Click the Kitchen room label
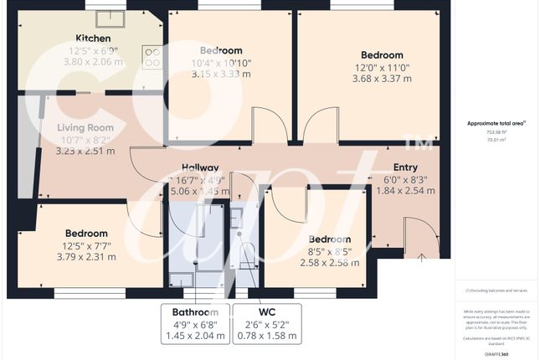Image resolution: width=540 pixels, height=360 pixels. click(94, 39)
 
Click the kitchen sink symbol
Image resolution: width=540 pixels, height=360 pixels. click(109, 19)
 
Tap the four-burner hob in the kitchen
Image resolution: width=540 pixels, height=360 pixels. click(153, 58)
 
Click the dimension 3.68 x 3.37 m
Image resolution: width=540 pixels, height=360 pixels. click(382, 80)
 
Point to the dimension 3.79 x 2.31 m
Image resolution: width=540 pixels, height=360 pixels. click(85, 258)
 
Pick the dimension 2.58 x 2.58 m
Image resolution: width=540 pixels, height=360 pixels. click(330, 263)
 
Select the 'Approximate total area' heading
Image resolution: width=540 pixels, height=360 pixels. click(496, 123)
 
